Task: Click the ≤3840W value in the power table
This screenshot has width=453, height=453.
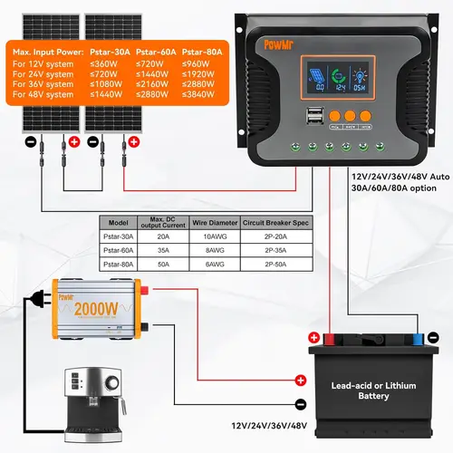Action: [202, 94]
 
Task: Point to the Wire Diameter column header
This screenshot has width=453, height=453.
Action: [203, 221]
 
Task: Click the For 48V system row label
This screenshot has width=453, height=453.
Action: [43, 94]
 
